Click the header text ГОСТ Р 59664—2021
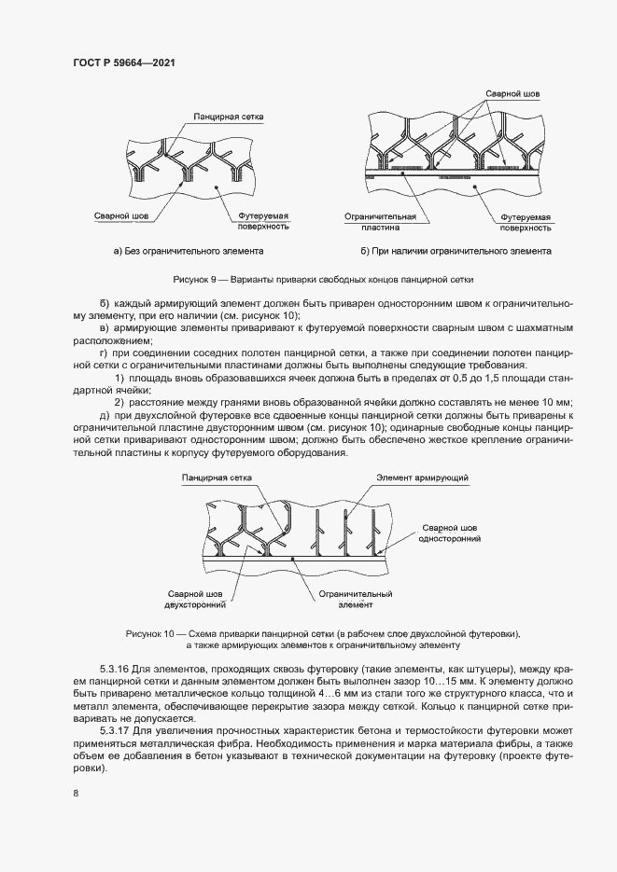pyautogui.click(x=124, y=62)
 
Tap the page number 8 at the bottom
pyautogui.click(x=75, y=793)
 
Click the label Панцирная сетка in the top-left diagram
pyautogui.click(x=229, y=118)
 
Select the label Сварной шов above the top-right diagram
pyautogui.click(x=512, y=94)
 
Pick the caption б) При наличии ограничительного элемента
pyautogui.click(x=456, y=251)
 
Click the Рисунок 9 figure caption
pyautogui.click(x=323, y=279)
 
